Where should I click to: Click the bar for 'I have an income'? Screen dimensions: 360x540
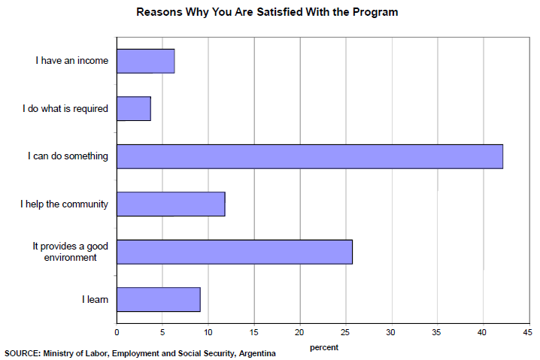(x=146, y=61)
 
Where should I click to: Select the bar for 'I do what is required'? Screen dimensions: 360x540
(x=134, y=108)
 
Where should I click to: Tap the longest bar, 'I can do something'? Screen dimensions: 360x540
(x=310, y=156)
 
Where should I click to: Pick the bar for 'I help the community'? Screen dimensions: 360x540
(x=171, y=204)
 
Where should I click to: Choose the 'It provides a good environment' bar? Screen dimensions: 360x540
(x=235, y=252)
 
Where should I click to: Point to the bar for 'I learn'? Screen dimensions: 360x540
(x=159, y=299)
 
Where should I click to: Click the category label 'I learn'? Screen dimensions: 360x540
(x=96, y=299)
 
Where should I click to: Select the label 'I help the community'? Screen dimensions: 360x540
(x=65, y=204)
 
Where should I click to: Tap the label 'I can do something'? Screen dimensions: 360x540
(x=68, y=156)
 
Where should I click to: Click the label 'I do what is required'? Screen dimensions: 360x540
(x=65, y=108)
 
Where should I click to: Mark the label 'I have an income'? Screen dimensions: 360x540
(x=72, y=61)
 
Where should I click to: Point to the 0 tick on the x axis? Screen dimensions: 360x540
(x=117, y=331)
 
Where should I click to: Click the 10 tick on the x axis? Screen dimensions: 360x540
(x=208, y=331)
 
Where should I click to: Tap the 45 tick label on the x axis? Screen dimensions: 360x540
(x=528, y=331)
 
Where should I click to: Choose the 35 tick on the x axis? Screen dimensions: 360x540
(x=437, y=331)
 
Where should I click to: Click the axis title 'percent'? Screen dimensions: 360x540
(x=324, y=347)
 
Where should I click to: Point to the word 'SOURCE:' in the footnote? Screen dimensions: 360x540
(x=22, y=353)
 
